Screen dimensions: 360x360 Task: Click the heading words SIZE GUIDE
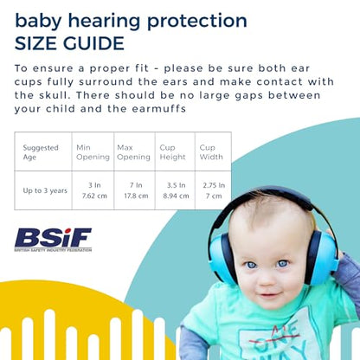69,42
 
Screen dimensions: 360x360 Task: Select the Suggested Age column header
41,151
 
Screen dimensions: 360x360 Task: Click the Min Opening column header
91,151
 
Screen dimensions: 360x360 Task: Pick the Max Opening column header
133,151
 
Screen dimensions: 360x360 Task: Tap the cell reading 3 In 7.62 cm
91,190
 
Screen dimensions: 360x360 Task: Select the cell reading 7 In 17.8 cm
134,190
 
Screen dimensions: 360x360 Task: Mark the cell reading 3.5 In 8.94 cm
174,190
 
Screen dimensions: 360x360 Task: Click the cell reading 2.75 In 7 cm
212,190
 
